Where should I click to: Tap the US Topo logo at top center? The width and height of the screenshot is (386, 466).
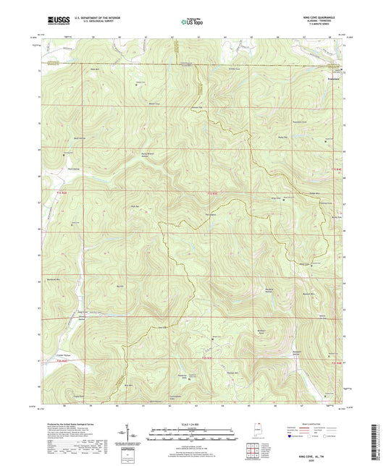pyautogui.click(x=193, y=22)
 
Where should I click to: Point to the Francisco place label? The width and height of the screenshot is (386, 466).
pyautogui.click(x=334, y=75)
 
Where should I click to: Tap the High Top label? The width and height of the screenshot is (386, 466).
pyautogui.click(x=134, y=207)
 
